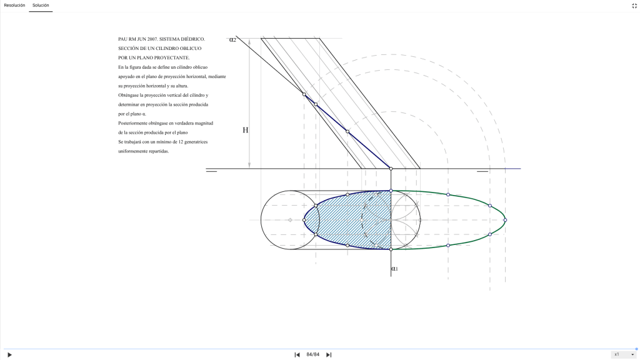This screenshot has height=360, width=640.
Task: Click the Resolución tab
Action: tap(14, 5)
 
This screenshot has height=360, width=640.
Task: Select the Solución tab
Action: tap(41, 5)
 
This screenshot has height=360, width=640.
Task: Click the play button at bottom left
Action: tap(9, 355)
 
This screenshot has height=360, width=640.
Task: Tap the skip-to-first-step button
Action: tap(297, 355)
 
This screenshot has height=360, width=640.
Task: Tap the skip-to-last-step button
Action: tap(329, 355)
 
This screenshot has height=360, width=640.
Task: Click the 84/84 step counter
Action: tap(313, 355)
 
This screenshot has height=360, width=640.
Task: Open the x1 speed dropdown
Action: tap(623, 354)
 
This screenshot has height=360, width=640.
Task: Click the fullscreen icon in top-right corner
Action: tap(634, 5)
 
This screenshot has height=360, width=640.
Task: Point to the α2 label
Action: tap(232, 39)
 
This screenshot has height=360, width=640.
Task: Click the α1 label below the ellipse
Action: tap(394, 269)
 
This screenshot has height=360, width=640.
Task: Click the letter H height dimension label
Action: tap(245, 131)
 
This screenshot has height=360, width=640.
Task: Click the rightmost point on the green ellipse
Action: tap(505, 220)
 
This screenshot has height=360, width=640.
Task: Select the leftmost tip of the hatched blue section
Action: tap(304, 220)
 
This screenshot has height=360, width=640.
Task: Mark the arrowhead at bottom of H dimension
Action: tap(249, 166)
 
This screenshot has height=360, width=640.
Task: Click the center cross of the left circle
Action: tap(290, 220)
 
